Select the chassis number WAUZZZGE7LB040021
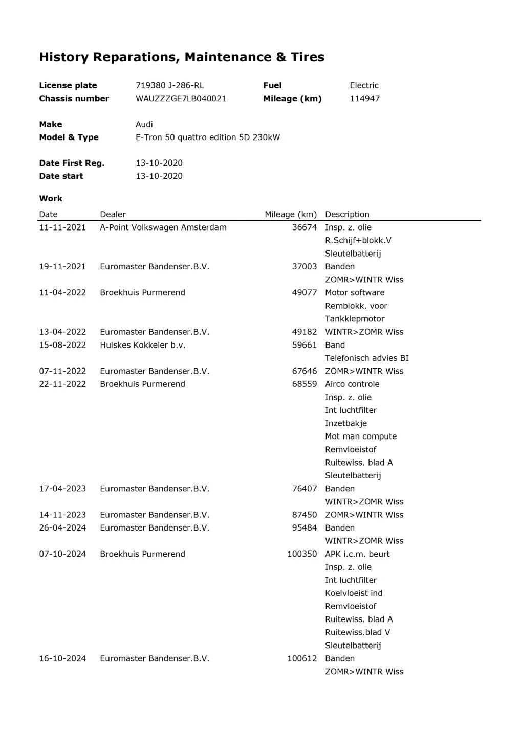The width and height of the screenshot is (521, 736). [x=181, y=99]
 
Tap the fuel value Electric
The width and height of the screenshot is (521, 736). [x=364, y=85]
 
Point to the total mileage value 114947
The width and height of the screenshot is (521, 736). [x=364, y=99]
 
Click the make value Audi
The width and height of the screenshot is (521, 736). [x=144, y=124]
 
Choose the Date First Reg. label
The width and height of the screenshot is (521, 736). [x=72, y=163]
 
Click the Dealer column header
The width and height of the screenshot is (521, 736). [x=113, y=215]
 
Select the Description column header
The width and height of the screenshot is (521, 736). [x=347, y=215]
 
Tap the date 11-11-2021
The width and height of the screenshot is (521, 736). [x=62, y=227]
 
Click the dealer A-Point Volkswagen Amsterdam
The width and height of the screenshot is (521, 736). [x=163, y=227]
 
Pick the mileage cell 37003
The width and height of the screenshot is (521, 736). [x=305, y=267]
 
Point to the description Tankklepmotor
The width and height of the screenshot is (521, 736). [x=355, y=319]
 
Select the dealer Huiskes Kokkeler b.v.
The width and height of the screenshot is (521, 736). [x=142, y=345]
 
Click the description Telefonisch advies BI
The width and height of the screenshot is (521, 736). [x=366, y=358]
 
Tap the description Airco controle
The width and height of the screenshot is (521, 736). [x=352, y=384]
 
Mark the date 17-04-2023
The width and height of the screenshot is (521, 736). [x=62, y=489]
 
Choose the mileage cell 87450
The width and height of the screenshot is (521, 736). [x=305, y=515]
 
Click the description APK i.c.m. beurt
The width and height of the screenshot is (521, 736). [x=357, y=554]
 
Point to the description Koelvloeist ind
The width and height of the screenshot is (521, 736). [x=354, y=593]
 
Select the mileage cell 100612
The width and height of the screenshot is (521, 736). [x=302, y=659]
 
